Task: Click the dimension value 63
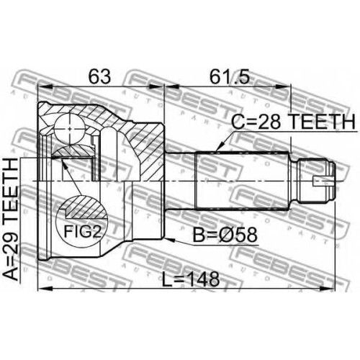[99, 76]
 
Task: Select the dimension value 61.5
[230, 76]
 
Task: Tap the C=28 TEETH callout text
[293, 122]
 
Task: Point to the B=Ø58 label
[225, 235]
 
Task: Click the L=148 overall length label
[191, 279]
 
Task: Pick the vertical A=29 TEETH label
[12, 220]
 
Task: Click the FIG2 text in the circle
[83, 232]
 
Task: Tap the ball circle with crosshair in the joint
[70, 129]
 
